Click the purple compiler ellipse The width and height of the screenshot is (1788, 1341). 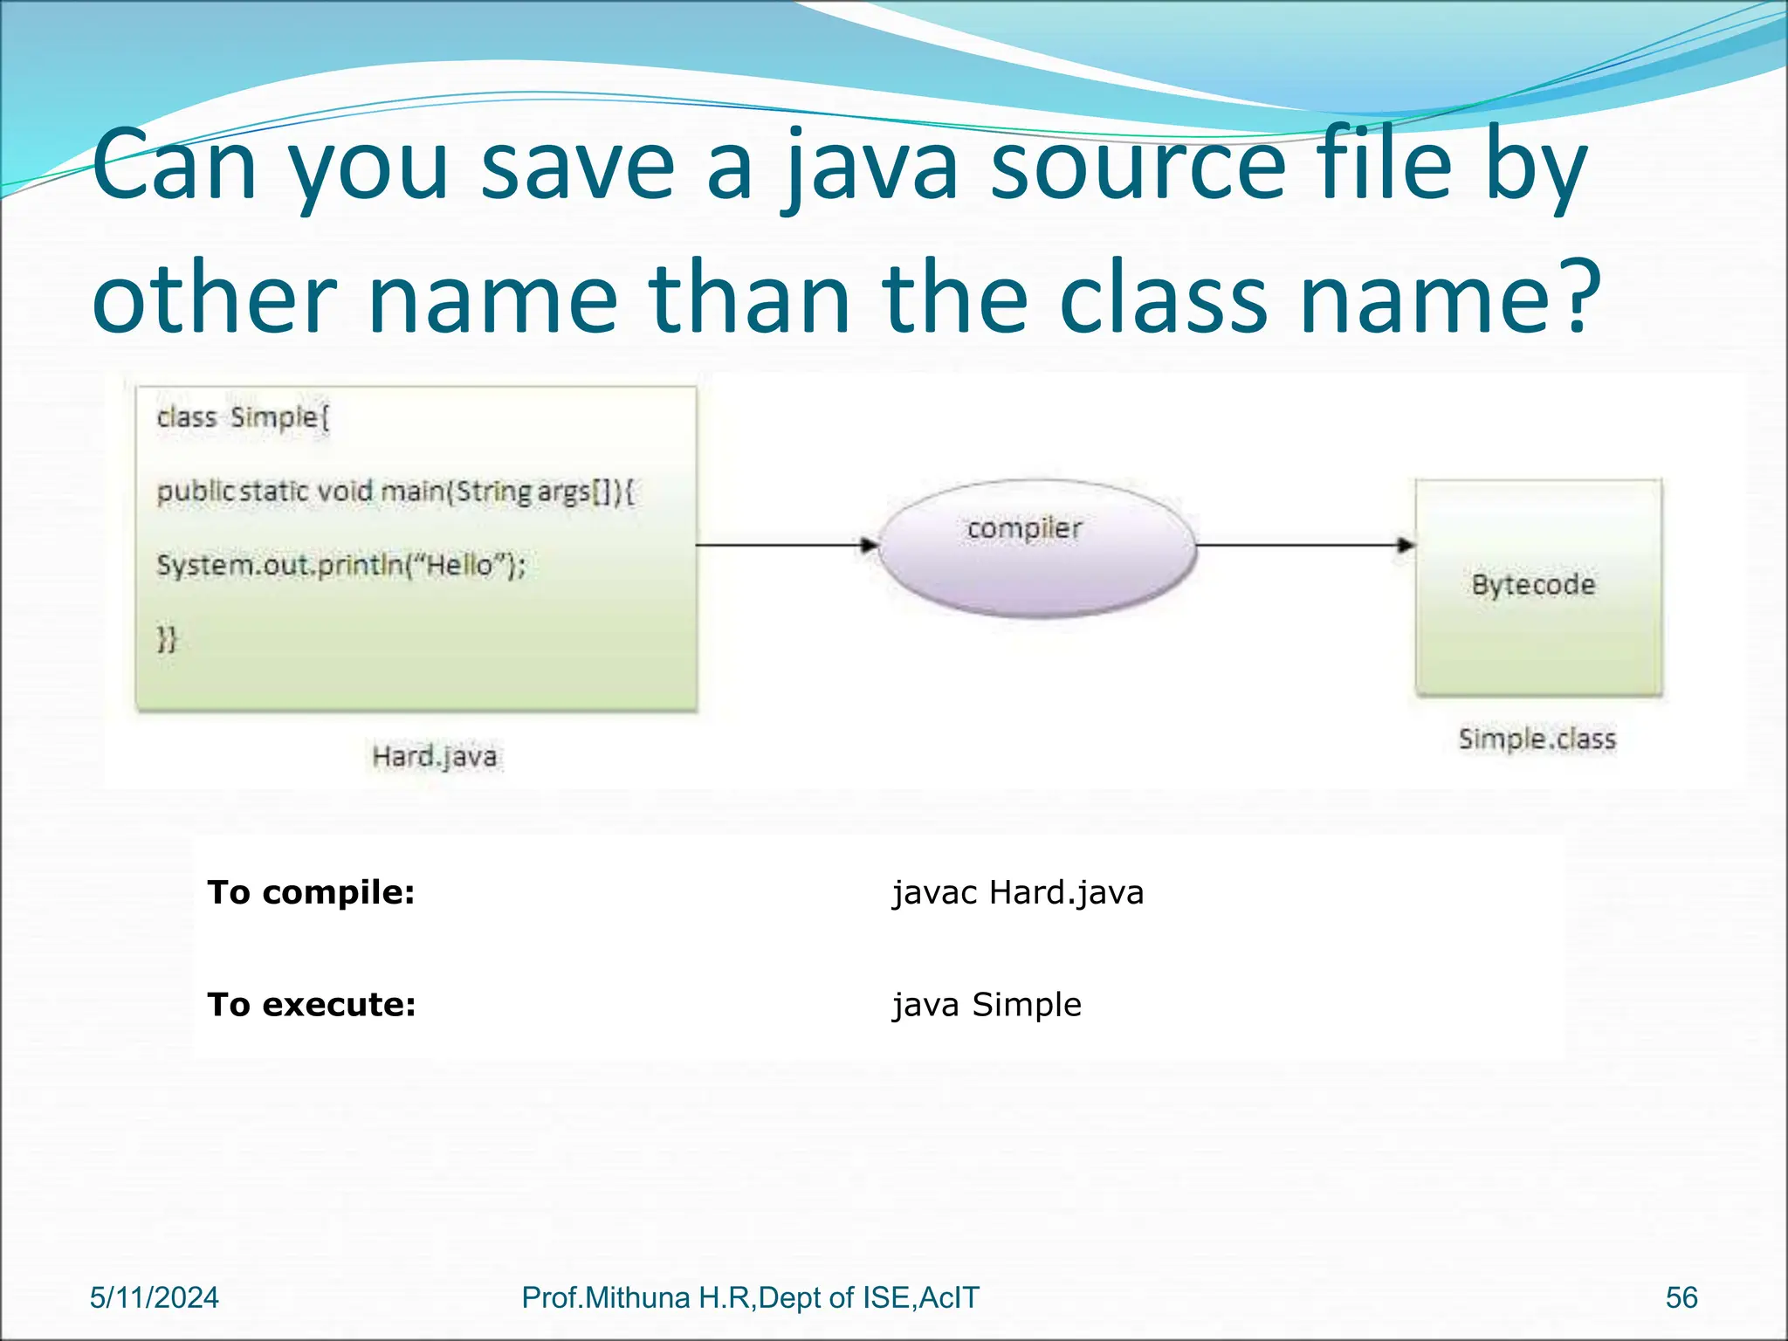tap(1035, 548)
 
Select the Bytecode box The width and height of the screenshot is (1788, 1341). tap(1537, 587)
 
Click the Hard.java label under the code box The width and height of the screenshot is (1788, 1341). tap(434, 756)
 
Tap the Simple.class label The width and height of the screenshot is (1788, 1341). tap(1537, 739)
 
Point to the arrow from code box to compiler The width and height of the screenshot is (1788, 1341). tap(786, 546)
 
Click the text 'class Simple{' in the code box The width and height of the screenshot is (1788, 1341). tap(243, 418)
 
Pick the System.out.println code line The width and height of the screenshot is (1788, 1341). tap(340, 566)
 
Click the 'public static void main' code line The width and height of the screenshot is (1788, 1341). tap(395, 492)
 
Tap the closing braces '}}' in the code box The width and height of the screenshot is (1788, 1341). tap(167, 639)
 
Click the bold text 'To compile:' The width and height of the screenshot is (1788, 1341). tap(311, 892)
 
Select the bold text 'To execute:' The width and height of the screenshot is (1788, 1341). tap(312, 1005)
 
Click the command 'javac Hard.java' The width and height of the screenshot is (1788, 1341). tap(1017, 892)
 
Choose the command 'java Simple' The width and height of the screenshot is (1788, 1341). tap(987, 1005)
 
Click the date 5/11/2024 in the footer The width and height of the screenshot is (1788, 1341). tap(155, 1298)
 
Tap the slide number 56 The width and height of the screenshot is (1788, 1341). tap(1681, 1298)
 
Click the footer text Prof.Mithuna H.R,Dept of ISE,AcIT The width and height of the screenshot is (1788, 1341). tap(750, 1298)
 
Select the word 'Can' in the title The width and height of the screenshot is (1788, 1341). tap(175, 166)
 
